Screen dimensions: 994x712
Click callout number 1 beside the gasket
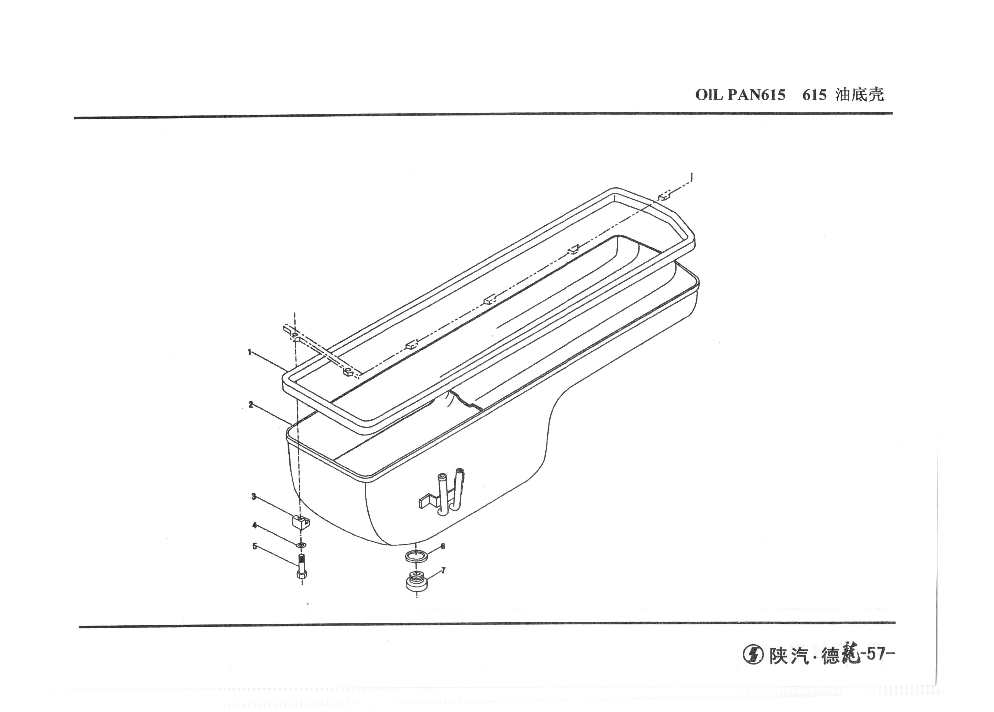(249, 352)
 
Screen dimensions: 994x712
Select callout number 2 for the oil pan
(251, 405)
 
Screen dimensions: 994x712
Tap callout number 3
(253, 496)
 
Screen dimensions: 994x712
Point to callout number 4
(254, 525)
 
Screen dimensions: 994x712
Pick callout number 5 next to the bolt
(255, 547)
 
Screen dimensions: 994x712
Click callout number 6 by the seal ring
(443, 547)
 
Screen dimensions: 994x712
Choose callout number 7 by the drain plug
(444, 571)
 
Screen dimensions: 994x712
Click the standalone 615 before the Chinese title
(814, 95)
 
